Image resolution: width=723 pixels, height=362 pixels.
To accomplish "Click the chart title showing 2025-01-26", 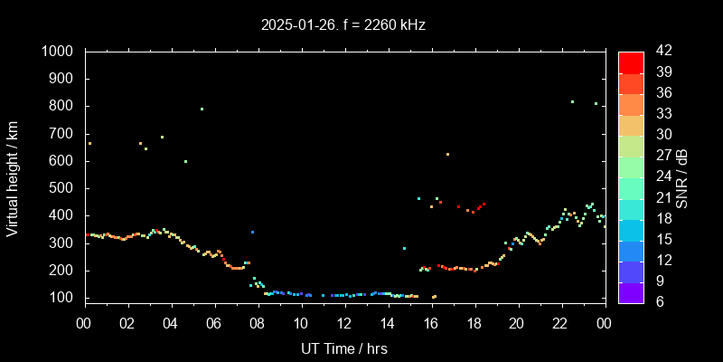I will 343,25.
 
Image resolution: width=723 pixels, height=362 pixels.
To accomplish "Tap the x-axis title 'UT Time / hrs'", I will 344,348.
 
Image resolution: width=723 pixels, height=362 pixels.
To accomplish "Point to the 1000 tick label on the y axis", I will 60,52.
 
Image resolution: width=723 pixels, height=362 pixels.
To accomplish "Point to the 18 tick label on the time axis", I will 474,323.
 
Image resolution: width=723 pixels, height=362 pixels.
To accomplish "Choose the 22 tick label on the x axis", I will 560,323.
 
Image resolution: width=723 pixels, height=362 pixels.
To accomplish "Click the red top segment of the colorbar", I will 631,62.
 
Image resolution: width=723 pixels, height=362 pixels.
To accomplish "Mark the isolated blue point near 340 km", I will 252,233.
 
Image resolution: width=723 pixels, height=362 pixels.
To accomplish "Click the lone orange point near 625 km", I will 447,154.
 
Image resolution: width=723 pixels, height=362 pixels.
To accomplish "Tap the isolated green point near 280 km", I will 404,248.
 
